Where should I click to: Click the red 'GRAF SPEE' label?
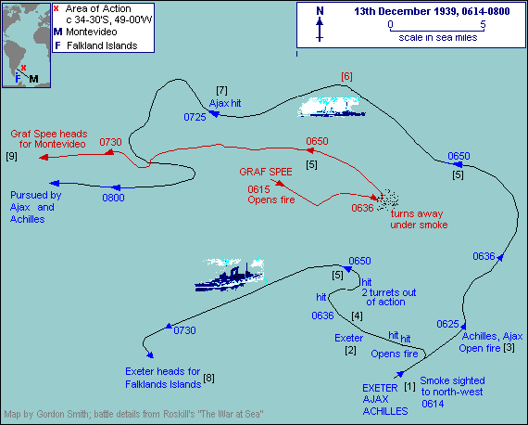point(265,173)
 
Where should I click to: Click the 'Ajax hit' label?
point(227,103)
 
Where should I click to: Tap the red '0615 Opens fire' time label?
point(268,196)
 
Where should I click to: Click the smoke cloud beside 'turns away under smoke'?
point(388,199)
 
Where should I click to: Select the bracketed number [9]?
point(11,156)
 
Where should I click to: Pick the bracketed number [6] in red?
point(346,76)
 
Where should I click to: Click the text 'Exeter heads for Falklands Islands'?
point(162,377)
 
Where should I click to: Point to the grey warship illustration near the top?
point(331,108)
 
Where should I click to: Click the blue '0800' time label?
point(113,198)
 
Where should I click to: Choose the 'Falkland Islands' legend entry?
point(95,45)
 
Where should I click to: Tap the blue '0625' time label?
point(447,323)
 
